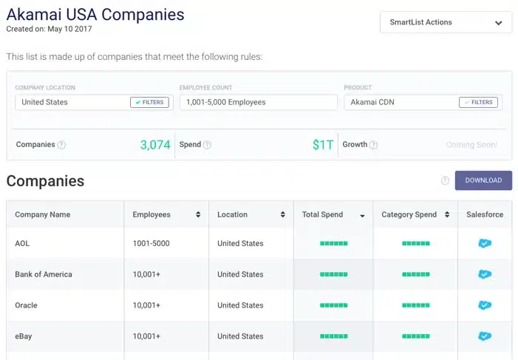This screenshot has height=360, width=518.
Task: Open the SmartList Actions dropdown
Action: coord(446,22)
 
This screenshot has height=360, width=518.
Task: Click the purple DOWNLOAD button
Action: coord(483,180)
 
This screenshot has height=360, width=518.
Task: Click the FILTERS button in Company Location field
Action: coord(149,102)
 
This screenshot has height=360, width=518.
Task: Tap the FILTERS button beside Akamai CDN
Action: coord(478,102)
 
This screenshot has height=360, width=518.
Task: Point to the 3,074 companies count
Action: coord(155,145)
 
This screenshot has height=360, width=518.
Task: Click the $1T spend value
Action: coord(323,145)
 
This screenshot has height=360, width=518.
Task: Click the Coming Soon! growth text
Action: coord(471,145)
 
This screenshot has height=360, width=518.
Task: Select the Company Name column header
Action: coord(43,214)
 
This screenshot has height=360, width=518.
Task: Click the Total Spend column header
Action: coord(323,214)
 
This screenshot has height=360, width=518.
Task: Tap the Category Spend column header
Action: coord(409,214)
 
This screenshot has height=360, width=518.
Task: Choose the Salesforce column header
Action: coord(485,214)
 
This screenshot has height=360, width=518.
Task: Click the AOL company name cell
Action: coord(22,243)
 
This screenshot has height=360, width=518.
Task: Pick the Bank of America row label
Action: coord(44,274)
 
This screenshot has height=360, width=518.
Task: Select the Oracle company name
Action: coord(26,305)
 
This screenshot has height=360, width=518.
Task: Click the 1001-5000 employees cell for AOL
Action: coord(151,243)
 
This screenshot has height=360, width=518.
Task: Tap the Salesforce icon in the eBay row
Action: coord(485,336)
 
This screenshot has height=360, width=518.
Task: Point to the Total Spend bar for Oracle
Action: coord(333,305)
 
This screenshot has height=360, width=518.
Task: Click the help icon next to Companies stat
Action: coord(61,145)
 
